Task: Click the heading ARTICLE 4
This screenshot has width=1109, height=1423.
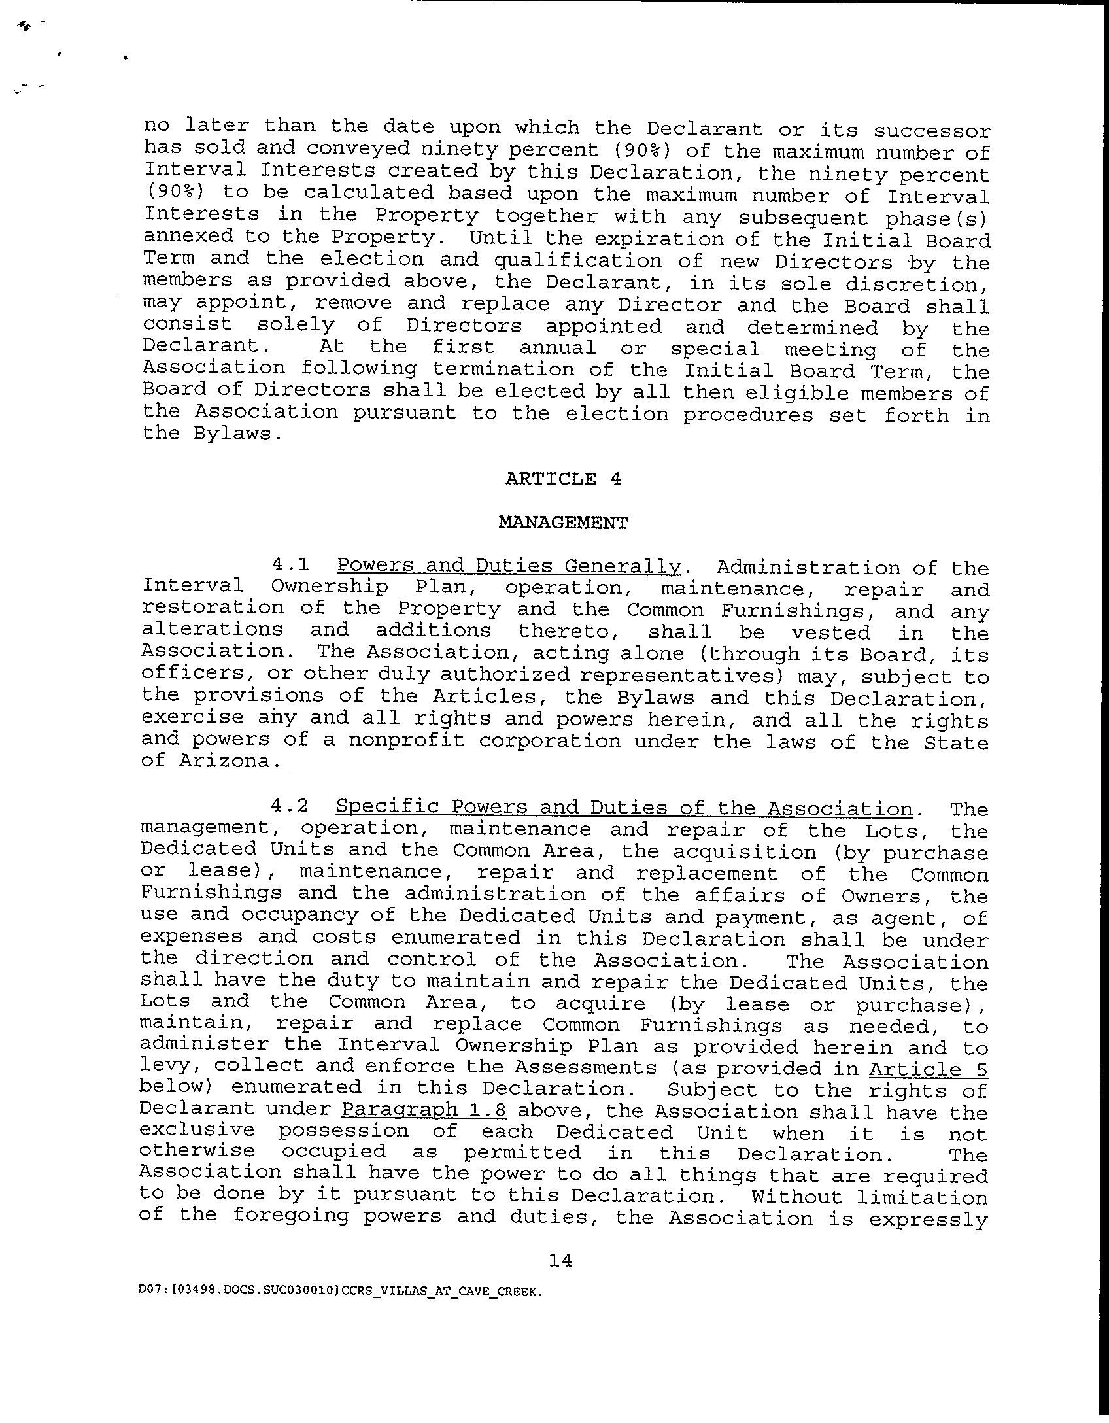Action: (562, 479)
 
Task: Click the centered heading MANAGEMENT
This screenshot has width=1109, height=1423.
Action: (563, 523)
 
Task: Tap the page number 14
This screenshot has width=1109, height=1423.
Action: (560, 1260)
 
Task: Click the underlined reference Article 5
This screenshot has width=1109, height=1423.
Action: (928, 1069)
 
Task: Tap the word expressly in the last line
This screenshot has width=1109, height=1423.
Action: (928, 1219)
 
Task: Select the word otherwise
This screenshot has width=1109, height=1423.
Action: (197, 1152)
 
